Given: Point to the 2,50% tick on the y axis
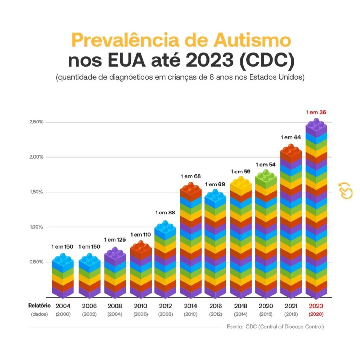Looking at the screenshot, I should point(36,122).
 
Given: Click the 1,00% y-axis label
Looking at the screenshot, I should point(36,227).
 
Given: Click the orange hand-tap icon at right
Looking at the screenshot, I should point(346,191).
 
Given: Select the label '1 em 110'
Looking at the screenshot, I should point(141,234).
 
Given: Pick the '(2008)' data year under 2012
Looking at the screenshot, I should point(166,314).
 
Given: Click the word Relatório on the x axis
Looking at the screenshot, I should point(39,306).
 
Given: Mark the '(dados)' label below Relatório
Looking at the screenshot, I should point(39,314).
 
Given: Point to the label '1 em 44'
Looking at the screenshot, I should point(290,137).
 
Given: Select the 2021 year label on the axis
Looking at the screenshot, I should point(291,306).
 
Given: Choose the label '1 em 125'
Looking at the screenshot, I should point(115,239).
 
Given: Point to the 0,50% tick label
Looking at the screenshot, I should point(36,262).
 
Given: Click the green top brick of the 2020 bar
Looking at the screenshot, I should point(266,178).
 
